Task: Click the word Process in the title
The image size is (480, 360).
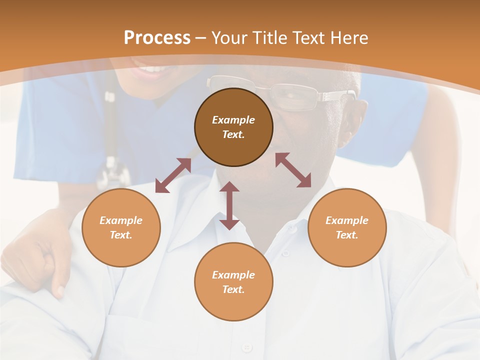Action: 157,38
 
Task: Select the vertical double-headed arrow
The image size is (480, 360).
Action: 229,205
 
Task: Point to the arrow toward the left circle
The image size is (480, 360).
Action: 173,175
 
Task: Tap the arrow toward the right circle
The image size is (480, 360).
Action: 293,170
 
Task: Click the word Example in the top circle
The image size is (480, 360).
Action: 233,120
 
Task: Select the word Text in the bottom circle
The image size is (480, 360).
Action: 233,289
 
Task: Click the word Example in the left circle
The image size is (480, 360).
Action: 121,220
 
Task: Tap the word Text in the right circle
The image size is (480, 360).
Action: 346,235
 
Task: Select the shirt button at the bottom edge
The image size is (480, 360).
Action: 246,347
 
